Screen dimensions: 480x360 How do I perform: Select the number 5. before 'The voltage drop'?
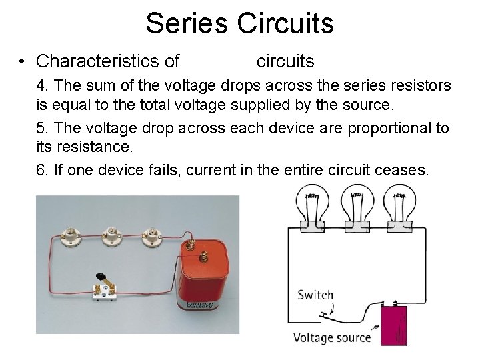click(x=43, y=128)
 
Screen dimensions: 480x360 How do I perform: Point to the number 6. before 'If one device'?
click(x=43, y=171)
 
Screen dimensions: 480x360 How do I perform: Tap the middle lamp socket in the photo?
click(x=111, y=235)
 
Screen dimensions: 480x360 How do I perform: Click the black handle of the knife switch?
click(x=101, y=277)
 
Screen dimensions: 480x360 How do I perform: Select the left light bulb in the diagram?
click(x=312, y=208)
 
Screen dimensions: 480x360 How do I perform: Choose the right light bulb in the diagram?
click(x=399, y=208)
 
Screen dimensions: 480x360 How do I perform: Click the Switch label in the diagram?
click(x=315, y=295)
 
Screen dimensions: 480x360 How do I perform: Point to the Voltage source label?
click(x=332, y=337)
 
